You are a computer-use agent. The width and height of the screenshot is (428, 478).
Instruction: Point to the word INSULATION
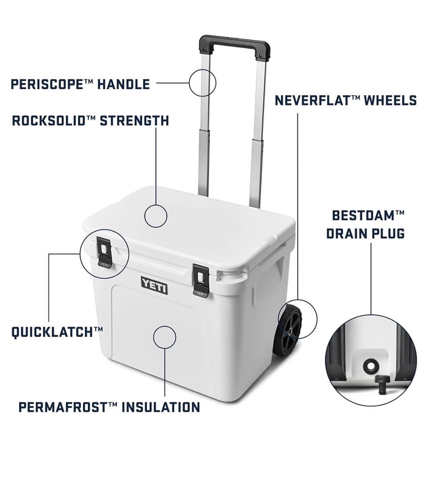click(161, 407)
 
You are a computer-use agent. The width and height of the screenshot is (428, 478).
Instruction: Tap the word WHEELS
click(391, 100)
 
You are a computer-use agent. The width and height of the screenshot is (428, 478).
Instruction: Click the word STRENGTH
click(134, 121)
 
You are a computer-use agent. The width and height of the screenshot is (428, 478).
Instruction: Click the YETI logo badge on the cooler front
click(154, 288)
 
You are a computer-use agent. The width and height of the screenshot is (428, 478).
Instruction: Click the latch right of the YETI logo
click(201, 281)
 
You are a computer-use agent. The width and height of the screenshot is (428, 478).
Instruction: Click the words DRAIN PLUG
click(365, 234)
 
